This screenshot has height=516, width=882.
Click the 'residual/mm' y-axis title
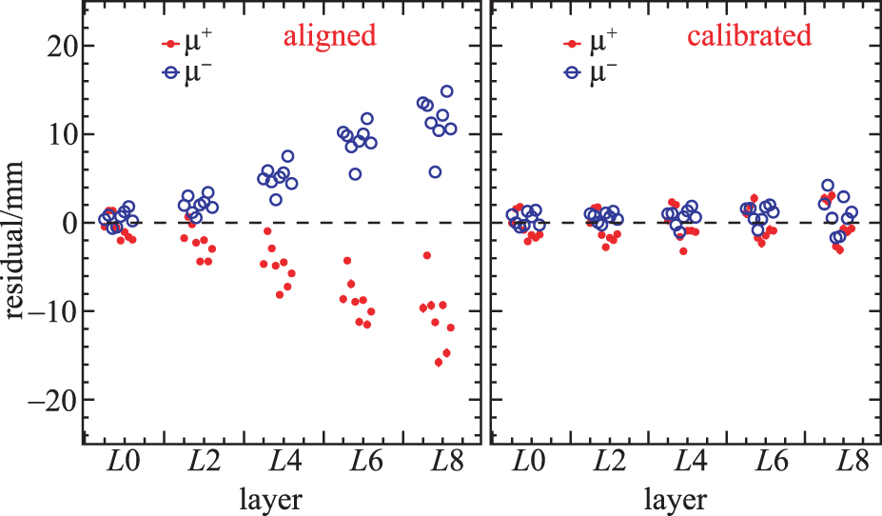[x=16, y=224]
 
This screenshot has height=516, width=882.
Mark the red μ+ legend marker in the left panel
[x=169, y=44]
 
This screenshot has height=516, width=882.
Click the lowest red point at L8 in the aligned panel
[x=439, y=362]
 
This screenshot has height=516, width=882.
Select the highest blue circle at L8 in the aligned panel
[x=446, y=91]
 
